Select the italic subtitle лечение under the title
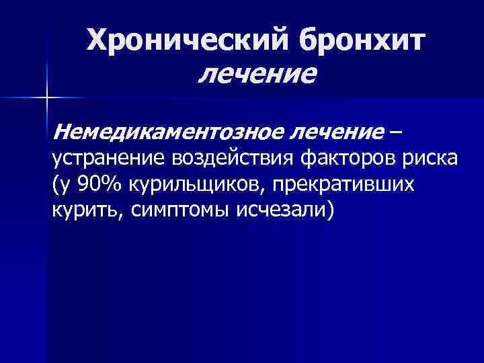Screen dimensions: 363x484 pos(256,73)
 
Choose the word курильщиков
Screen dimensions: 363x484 pos(182,184)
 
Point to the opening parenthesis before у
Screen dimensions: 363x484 pos(54,184)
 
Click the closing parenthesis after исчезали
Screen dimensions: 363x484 pos(329,210)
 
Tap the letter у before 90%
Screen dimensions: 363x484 pos(64,186)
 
